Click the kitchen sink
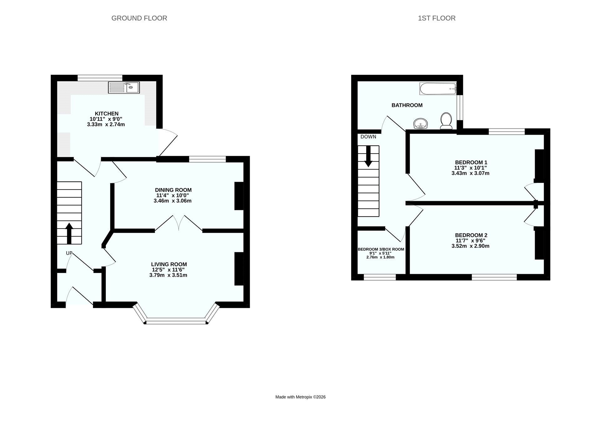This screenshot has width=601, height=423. coord(124,87)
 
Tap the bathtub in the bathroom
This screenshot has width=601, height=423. coord(438,89)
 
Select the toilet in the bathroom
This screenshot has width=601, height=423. coord(446,121)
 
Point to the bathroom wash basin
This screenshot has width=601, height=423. coord(421,124)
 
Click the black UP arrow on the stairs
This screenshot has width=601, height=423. coord(69,233)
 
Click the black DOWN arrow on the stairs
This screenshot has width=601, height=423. coord(368,156)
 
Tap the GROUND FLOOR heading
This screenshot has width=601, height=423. coord(139,18)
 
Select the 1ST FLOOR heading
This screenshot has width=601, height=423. coord(437,18)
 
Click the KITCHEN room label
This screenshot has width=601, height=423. coord(107,113)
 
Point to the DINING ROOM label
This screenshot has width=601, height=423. coord(173,190)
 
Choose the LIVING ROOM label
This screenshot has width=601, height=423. coord(169,264)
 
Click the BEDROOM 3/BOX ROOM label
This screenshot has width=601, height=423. coord(381,249)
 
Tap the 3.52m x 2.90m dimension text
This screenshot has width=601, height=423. coord(470,246)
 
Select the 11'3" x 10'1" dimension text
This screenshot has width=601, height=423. coord(470,168)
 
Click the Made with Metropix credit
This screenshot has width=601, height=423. coord(300,397)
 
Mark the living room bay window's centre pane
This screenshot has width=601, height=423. coord(176,321)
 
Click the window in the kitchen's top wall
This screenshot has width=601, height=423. coord(100,78)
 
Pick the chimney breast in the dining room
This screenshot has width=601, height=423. coord(239,196)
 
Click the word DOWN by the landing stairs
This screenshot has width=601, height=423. coord(368,137)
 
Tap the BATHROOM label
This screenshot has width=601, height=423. coord(407,105)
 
